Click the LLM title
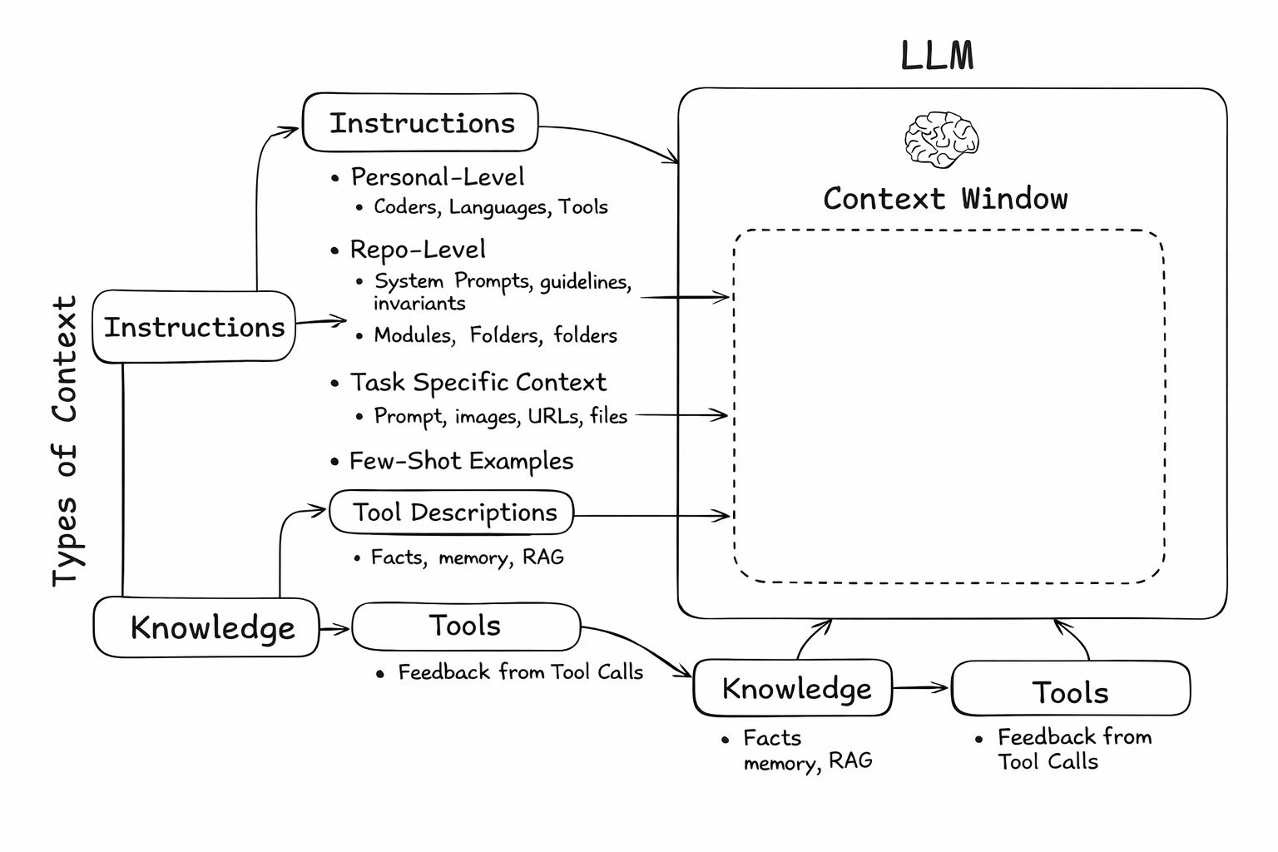point(937,57)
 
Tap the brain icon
point(941,139)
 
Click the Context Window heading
point(945,199)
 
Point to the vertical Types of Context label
point(65,441)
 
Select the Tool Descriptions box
point(452,513)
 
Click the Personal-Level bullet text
point(438,177)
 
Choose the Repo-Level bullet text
point(418,250)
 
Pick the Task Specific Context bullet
point(478,383)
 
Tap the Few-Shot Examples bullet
point(461,461)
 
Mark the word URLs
point(555,415)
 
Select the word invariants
point(419,304)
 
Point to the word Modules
point(414,335)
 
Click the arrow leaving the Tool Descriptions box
point(652,516)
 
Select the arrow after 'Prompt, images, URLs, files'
point(682,414)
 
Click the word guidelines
point(586,282)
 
